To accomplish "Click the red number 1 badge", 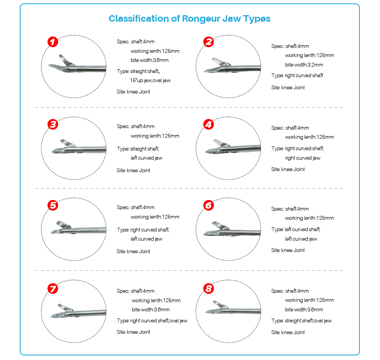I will (53, 42).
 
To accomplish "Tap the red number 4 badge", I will (208, 124).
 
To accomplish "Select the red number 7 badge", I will (53, 289).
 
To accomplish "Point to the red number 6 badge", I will (208, 205).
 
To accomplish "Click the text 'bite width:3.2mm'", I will (304, 65).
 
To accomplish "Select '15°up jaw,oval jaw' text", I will (150, 80).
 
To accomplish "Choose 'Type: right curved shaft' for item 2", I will (297, 75).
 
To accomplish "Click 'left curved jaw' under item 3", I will (146, 158).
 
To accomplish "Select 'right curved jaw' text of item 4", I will (302, 158).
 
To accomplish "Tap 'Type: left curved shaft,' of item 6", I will (296, 229).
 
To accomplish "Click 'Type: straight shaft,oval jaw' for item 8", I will (301, 320).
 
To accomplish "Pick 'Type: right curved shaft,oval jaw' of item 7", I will (152, 320).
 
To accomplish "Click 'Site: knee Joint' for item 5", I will (133, 251).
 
